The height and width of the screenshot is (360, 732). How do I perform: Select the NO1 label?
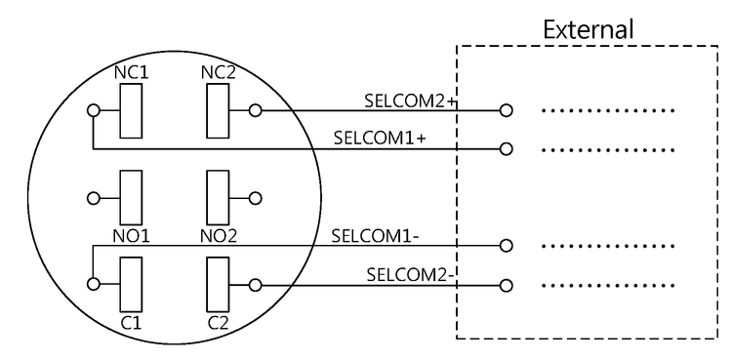pos(131,235)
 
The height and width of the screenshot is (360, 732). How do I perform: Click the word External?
pos(589,29)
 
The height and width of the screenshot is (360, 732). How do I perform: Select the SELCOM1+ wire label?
pos(379,138)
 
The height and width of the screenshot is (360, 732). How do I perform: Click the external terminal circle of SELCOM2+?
pos(506,110)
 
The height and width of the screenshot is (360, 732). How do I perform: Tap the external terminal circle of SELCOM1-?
pos(506,246)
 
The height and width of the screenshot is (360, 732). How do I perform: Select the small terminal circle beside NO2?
pos(256,198)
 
